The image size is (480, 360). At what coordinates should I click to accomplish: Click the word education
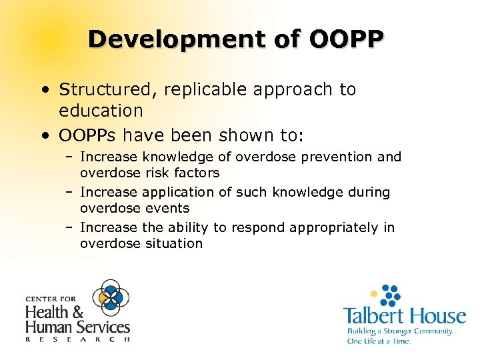tap(101, 110)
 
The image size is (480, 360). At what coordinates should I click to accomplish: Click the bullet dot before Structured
tap(43, 90)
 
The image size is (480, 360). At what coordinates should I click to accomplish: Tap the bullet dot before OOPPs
tap(43, 137)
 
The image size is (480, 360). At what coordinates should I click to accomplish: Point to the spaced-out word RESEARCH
tap(77, 339)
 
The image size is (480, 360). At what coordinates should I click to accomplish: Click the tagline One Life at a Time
tap(377, 341)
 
